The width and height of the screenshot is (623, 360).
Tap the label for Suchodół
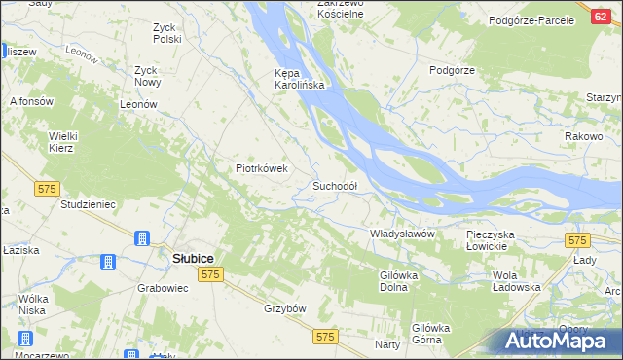pos(335,186)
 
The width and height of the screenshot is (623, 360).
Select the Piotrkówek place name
pos(263,168)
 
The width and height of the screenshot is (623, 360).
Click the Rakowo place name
pos(583,137)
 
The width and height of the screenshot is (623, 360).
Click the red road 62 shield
pos(601,16)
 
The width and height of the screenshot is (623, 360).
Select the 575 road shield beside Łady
pos(578,240)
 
